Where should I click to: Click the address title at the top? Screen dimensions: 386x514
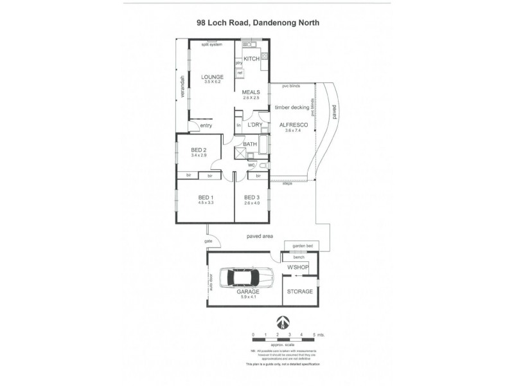coord(258,22)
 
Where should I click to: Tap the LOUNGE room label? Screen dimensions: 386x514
coord(212,77)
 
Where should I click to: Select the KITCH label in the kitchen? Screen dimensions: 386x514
coord(251,59)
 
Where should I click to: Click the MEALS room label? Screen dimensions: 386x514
coord(251,92)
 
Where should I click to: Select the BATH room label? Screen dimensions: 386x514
coord(250,144)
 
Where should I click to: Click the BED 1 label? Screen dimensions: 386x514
coord(206,196)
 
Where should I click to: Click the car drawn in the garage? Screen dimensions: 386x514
coord(246,277)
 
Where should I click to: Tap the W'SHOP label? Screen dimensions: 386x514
coord(299,266)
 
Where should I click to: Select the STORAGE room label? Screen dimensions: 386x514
coord(300,291)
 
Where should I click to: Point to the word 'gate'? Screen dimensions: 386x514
coord(208,241)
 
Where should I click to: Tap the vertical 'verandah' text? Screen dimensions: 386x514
coord(182,87)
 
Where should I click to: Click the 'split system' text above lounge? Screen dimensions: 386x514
coord(211,44)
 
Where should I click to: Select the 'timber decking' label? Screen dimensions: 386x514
coord(292,107)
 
